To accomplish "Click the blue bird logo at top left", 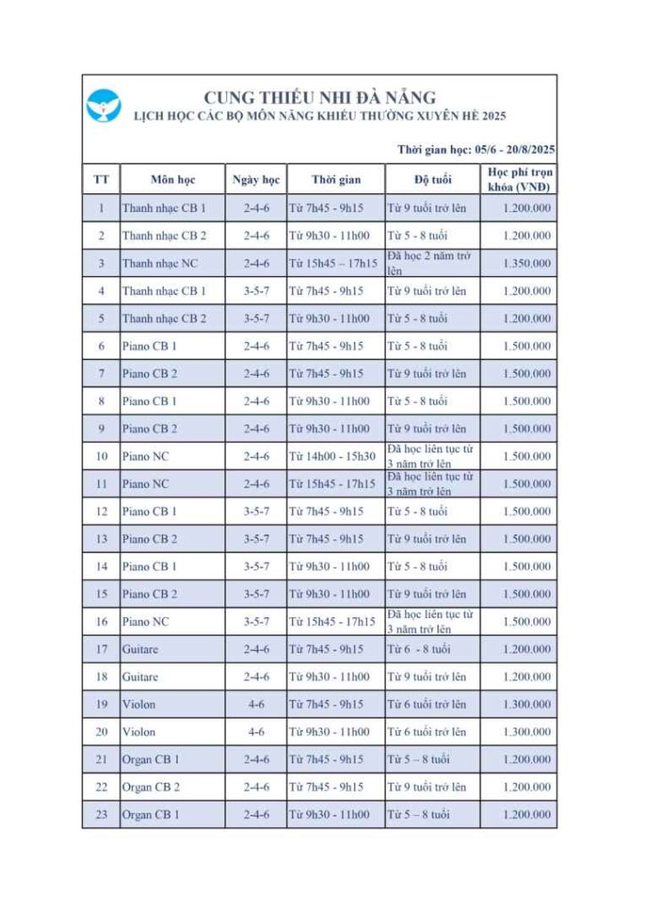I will pos(103,106).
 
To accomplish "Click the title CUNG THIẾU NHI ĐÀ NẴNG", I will pos(320,97).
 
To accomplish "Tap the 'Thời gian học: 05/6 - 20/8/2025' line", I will pos(476,149).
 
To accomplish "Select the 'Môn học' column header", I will pos(172,180).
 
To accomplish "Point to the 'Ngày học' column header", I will pos(256,180).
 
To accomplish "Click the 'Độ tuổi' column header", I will pos(433,180).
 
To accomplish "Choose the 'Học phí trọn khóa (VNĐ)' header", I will pos(519,179).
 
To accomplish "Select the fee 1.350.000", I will pos(527,264).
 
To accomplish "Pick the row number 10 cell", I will pos(101,456).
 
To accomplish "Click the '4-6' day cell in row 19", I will pos(256,704).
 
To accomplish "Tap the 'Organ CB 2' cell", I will pos(151,787).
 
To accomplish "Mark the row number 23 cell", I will pos(101,815).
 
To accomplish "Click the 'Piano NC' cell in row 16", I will pos(145,622).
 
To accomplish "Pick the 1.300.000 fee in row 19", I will pos(527,704).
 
